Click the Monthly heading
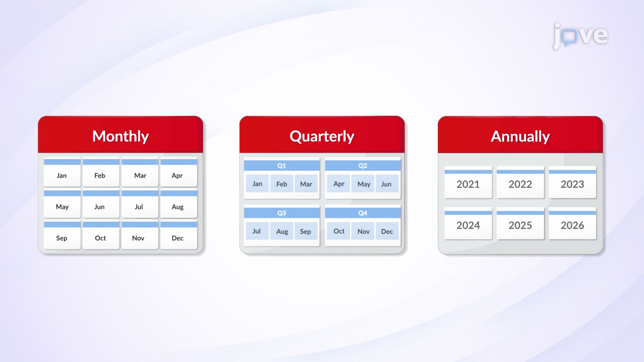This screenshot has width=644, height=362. point(120,136)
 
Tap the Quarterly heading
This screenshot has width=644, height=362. point(322,136)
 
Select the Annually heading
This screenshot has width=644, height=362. point(520,136)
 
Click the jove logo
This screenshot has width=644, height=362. point(580,36)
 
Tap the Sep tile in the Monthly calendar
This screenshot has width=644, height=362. point(62,235)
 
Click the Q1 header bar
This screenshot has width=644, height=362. point(281,166)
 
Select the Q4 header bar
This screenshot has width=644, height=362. point(363,213)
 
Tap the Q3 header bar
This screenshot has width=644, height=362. point(281,213)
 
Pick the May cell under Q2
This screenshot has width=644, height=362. point(364,184)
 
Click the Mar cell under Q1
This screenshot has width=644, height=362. point(306,184)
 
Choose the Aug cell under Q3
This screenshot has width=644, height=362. point(282,231)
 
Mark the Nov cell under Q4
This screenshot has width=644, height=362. point(363,231)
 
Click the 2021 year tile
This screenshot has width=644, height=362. point(468,183)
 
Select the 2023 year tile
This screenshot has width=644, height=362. point(572,183)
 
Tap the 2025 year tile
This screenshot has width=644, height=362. point(520,224)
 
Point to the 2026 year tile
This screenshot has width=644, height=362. point(572,224)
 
